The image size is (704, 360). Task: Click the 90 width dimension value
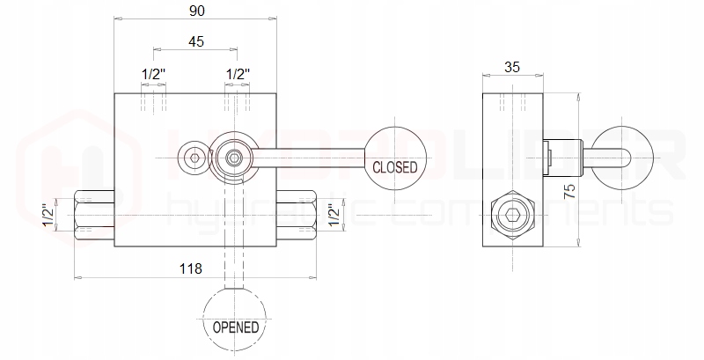point(196,11)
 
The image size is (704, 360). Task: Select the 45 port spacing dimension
point(196,40)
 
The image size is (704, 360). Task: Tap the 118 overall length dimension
point(190,268)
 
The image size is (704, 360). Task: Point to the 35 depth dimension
point(515,65)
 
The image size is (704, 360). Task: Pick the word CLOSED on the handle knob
point(395,166)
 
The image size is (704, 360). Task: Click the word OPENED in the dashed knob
point(236,327)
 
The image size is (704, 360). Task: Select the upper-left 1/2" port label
point(154,74)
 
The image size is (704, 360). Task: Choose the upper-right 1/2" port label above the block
point(238,74)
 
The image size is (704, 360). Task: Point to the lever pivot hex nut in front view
point(234,158)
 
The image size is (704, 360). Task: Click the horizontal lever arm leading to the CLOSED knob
point(308,158)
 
